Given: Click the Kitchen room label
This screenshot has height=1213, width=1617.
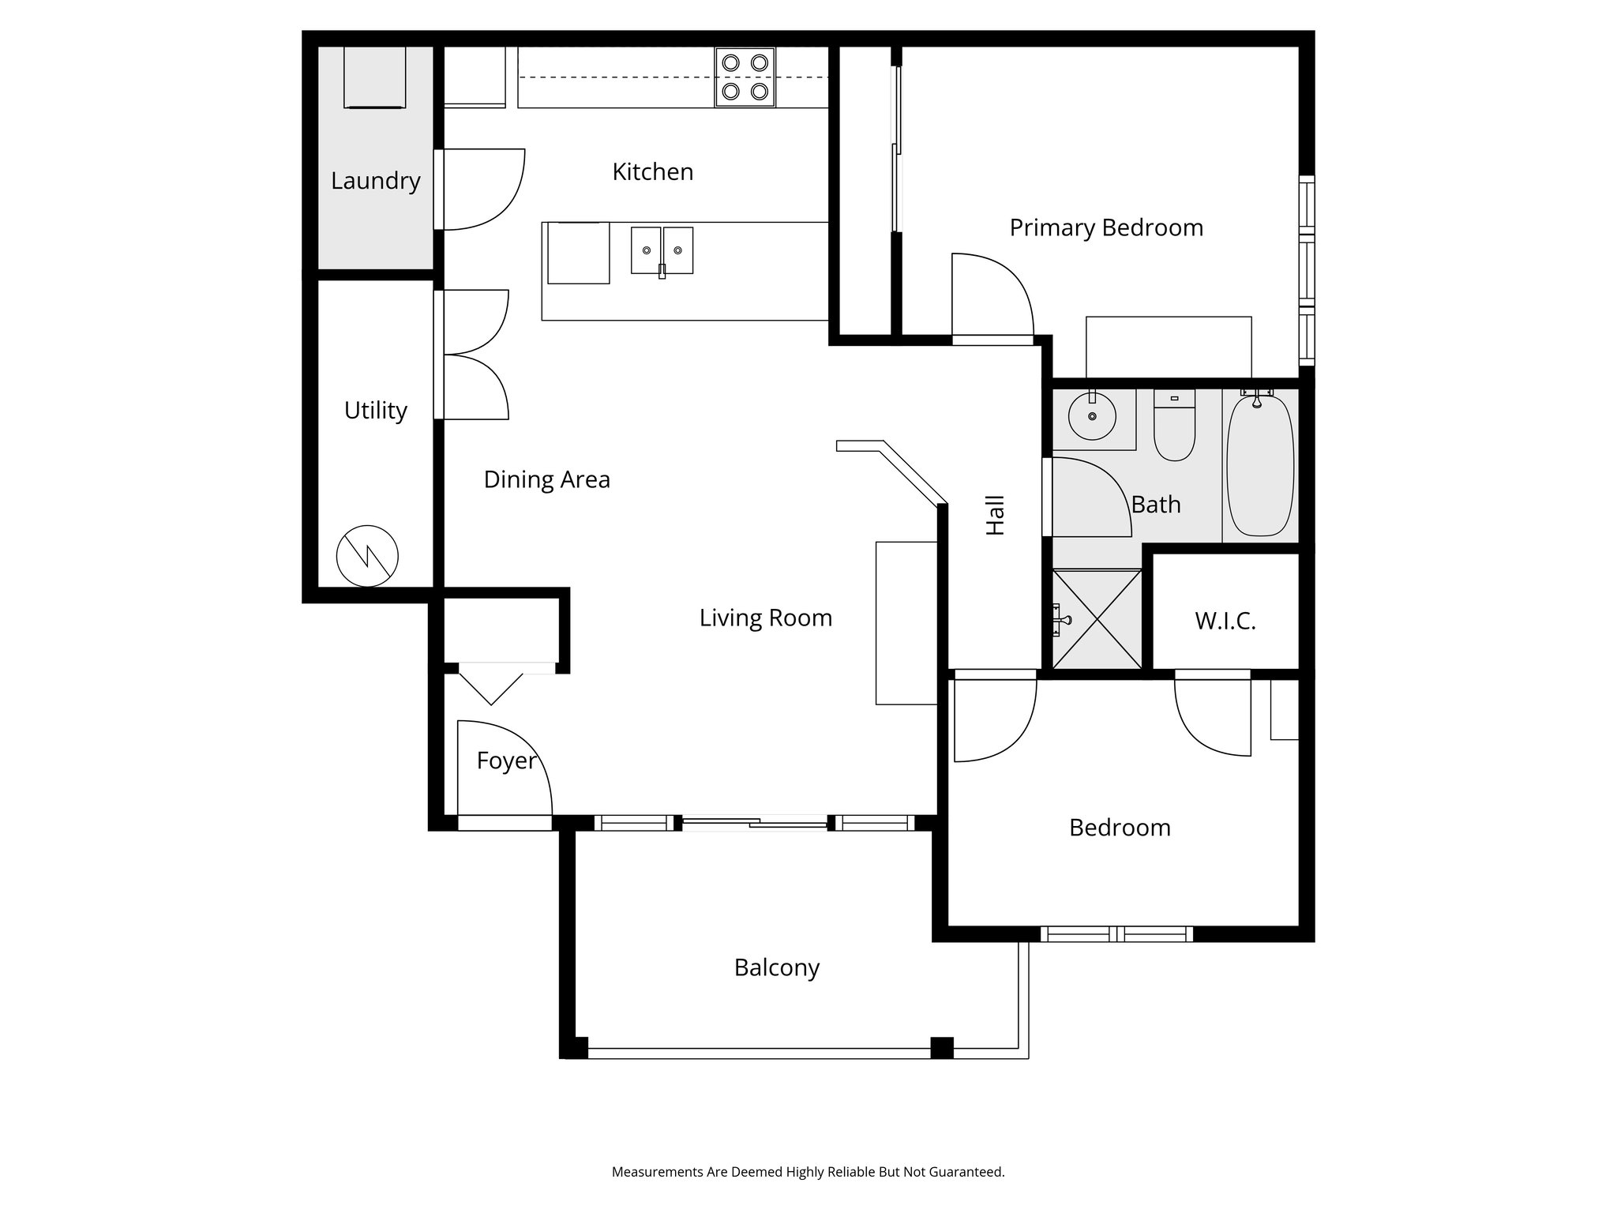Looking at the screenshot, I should tap(652, 172).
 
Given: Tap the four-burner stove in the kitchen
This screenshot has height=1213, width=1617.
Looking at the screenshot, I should tap(745, 77).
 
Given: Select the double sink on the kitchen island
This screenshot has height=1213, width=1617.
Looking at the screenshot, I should tap(662, 250).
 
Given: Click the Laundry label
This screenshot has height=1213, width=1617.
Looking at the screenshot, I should tap(375, 181).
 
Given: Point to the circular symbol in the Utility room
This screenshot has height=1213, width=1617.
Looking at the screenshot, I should tap(367, 556).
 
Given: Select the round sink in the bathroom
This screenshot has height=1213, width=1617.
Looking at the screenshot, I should tap(1092, 415).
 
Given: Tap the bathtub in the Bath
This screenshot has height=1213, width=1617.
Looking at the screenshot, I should tap(1260, 466).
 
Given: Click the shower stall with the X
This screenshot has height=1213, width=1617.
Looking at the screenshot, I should tap(1097, 618).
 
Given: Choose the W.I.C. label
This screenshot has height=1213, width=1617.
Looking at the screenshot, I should tap(1225, 622).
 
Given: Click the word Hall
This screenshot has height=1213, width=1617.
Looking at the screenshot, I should tap(996, 515).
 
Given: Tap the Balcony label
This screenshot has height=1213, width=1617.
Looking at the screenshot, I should tap(776, 967).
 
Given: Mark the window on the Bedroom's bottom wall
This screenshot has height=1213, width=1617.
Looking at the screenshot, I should tap(1116, 934).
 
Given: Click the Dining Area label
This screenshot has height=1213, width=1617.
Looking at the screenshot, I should tap(546, 479).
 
